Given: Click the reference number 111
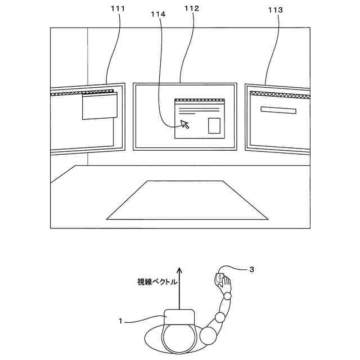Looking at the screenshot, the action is (119, 10).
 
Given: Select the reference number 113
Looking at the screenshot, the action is (277, 10).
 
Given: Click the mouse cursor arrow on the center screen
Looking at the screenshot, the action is (184, 124).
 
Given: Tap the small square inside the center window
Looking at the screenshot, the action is (214, 125).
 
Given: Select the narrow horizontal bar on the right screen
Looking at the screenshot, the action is (278, 110).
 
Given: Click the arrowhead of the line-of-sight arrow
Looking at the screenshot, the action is (179, 269).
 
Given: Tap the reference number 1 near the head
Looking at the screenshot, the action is (120, 321).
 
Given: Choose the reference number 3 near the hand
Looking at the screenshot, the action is (251, 270).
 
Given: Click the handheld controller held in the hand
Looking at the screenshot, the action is (219, 280).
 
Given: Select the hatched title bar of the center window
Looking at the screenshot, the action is (200, 101).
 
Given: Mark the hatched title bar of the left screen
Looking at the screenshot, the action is (82, 92).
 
